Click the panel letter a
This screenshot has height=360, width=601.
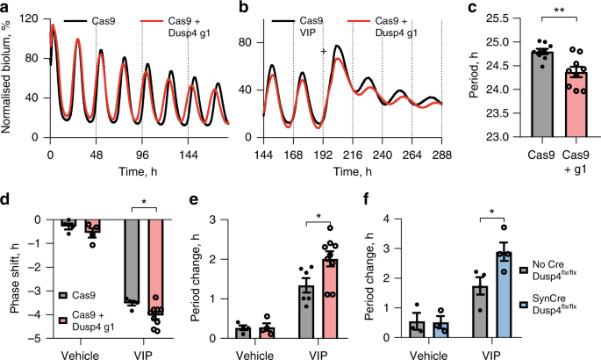click(5, 8)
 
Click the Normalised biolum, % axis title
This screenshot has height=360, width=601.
click(7, 75)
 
